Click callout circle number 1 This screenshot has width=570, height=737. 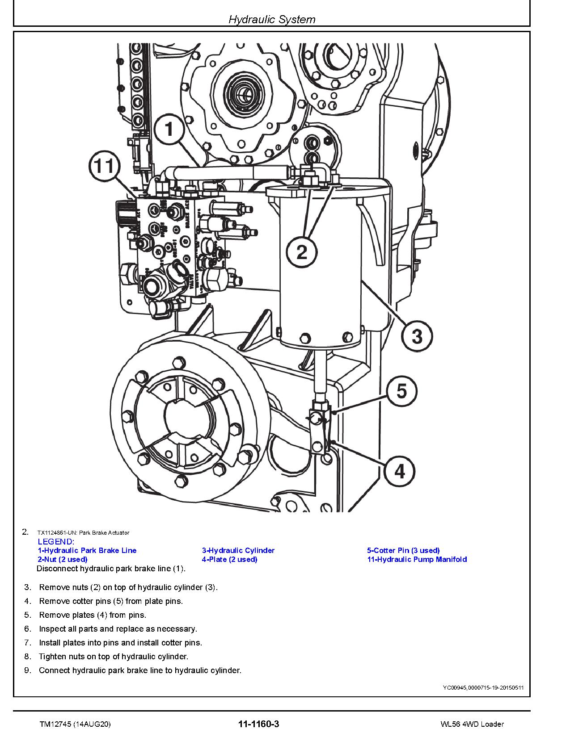169,130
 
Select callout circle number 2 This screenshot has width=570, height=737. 302,252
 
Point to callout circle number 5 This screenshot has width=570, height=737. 401,391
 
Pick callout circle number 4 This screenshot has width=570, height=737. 399,471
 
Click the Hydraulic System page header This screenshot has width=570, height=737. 272,19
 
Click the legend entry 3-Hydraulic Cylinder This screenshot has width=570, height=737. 238,550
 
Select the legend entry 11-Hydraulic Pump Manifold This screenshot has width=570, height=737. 417,559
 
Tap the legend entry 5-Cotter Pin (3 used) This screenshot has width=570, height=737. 403,550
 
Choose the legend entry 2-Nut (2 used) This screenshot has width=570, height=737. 63,559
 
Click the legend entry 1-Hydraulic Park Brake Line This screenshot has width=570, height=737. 87,550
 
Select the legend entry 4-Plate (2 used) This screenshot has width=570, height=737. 229,559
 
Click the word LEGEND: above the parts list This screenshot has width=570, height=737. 55,542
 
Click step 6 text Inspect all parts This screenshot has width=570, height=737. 118,629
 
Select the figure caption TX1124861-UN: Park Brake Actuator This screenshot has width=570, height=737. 83,532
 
